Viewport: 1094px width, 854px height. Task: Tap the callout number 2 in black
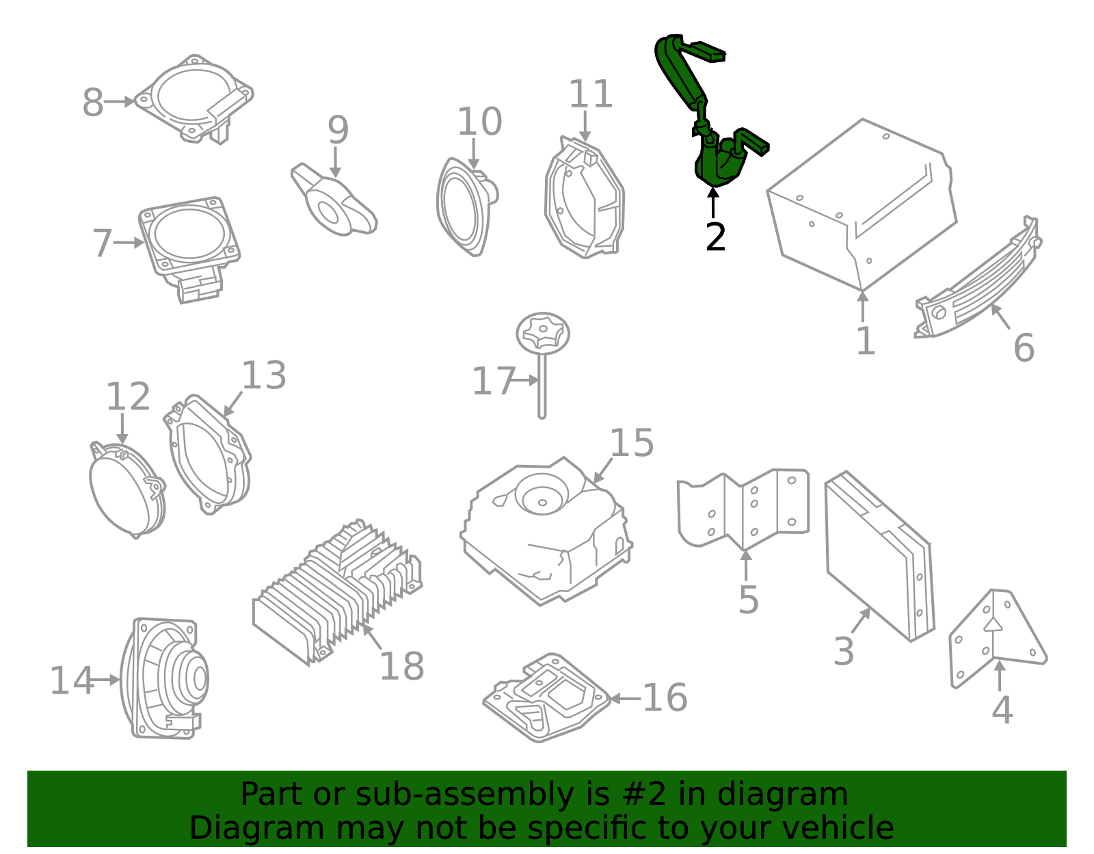pos(715,237)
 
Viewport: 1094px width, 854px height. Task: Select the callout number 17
pos(494,381)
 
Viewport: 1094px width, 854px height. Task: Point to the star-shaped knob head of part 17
pos(543,333)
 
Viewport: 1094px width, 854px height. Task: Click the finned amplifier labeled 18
pos(337,593)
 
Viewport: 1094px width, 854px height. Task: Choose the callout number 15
pos(632,443)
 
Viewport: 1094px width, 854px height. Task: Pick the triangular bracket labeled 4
pos(996,637)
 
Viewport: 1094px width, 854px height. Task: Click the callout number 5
pos(748,600)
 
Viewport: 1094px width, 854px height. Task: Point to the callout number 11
pos(591,94)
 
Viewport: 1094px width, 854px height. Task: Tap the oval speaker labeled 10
pos(467,207)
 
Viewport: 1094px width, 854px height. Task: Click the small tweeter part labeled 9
pos(334,200)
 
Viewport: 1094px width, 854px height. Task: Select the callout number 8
pos(93,103)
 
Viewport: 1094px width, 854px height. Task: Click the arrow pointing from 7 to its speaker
pos(129,243)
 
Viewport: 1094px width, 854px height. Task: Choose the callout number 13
pos(264,375)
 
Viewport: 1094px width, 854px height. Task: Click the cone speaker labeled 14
pos(165,679)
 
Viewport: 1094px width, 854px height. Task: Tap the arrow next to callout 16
pos(625,699)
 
